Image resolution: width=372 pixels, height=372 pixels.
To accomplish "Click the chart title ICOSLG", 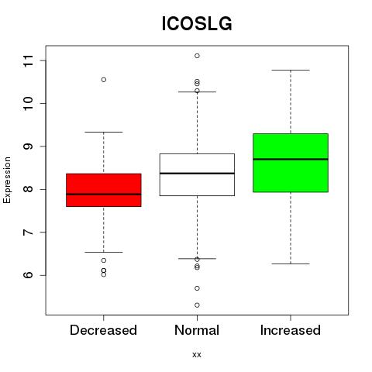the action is [197, 24].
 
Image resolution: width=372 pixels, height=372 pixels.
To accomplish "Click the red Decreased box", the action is [104, 190].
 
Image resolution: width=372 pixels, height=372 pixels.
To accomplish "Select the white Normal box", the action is [197, 174].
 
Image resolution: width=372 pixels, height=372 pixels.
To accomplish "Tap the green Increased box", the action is [291, 163].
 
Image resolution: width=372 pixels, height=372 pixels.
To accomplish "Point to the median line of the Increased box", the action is [291, 159].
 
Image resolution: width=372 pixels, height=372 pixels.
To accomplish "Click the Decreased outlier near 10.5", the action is [104, 80].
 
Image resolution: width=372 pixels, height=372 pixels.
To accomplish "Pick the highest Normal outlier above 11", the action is [197, 56].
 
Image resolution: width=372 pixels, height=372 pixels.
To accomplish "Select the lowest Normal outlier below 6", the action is [197, 305].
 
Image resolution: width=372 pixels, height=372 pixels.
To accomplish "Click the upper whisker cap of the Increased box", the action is [291, 70].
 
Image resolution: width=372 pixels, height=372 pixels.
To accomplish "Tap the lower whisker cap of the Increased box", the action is [291, 263].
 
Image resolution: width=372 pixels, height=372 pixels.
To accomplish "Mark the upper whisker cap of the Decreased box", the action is [104, 132].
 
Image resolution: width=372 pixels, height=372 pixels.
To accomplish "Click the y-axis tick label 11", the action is [29, 60].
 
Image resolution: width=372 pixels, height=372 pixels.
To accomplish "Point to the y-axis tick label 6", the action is [29, 275].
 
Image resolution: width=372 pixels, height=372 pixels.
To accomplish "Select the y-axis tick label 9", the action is [29, 146].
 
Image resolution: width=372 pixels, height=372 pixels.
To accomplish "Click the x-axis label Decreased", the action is [103, 330].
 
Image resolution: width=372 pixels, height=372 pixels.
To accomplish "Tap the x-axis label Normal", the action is [197, 330].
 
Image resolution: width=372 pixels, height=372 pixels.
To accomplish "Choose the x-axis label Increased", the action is [291, 330].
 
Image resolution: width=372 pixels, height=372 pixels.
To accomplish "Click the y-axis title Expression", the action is [7, 180].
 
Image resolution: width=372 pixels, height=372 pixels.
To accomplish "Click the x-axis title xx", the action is [197, 355].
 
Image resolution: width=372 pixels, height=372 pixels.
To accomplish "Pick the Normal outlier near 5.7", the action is [197, 288].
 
